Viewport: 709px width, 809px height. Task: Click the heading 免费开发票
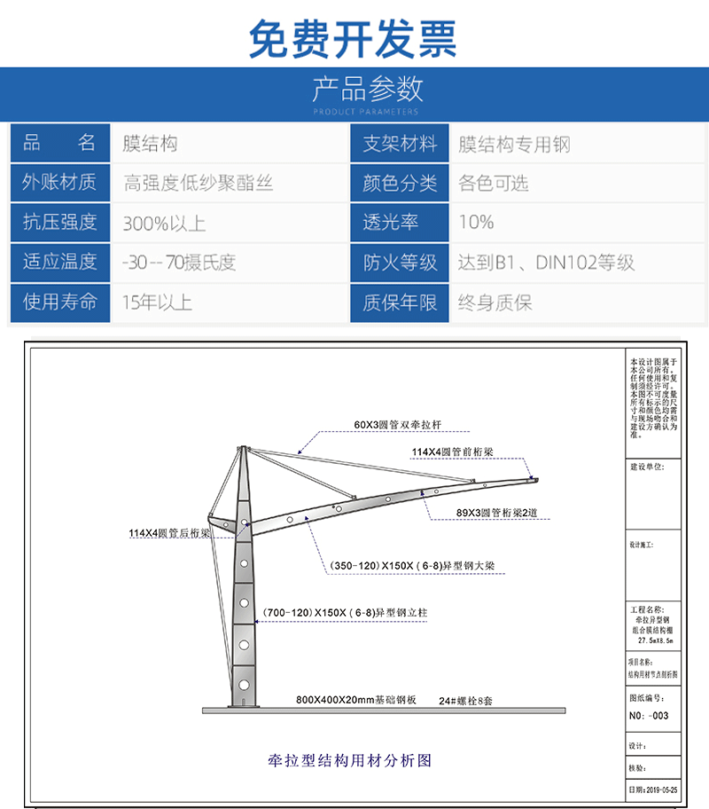click(353, 37)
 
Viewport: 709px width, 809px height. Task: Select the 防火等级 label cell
click(400, 263)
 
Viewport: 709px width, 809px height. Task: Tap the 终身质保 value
click(495, 302)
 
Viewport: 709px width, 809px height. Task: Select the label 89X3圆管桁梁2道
click(499, 513)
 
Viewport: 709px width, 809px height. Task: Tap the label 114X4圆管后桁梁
click(168, 533)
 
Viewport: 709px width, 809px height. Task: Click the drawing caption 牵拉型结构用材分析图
click(349, 760)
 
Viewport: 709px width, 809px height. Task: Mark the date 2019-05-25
click(651, 789)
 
